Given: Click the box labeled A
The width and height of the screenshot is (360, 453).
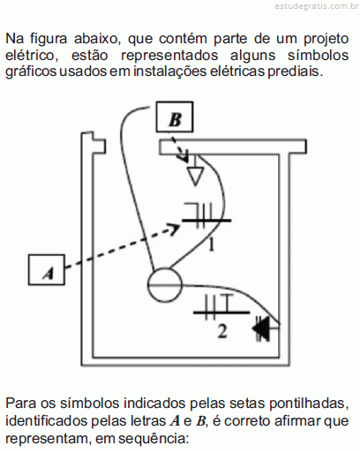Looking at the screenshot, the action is point(47,269).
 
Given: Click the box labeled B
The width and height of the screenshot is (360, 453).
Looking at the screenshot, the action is point(175,117).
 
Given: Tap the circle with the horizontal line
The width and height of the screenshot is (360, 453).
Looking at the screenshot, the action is point(165,285).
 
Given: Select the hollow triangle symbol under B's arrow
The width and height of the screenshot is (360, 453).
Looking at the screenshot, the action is point(195,176).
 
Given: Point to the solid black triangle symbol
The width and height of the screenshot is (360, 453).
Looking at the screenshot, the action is point(262,328).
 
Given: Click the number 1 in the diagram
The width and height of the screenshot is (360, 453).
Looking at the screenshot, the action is point(211,245).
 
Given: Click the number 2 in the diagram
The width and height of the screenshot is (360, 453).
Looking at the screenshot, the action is point(222,331).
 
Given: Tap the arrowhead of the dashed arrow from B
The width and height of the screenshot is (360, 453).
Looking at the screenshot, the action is point(185,156).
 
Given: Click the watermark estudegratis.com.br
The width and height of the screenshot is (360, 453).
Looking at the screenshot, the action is point(317,6).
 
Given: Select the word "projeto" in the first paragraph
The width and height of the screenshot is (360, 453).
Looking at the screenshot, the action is point(326,40).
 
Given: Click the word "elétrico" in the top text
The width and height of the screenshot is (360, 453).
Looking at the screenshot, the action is point(32,56).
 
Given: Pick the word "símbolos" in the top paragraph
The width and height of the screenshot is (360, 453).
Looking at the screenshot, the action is point(319,55).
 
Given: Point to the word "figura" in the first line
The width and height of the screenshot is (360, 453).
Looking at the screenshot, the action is point(49,39).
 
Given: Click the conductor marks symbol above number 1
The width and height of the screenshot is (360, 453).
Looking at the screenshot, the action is point(206,215).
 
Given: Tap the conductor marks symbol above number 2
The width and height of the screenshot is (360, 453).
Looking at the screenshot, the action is point(221,306).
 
